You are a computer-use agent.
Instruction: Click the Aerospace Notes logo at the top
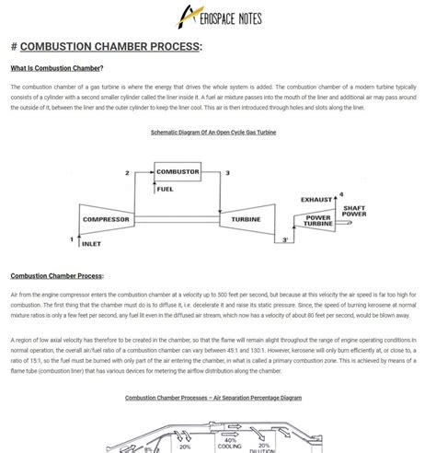pyautogui.click(x=218, y=17)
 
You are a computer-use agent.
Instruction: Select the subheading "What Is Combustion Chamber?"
pyautogui.click(x=56, y=68)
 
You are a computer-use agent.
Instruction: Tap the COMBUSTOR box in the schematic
pyautogui.click(x=178, y=172)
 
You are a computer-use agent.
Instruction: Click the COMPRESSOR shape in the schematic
pyautogui.click(x=106, y=219)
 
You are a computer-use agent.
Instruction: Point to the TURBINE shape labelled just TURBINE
pyautogui.click(x=246, y=219)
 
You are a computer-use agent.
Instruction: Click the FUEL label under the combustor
pyautogui.click(x=166, y=190)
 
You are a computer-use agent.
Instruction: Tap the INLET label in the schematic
pyautogui.click(x=92, y=244)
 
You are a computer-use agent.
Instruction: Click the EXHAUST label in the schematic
pyautogui.click(x=318, y=199)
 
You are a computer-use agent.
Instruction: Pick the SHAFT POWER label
pyautogui.click(x=354, y=211)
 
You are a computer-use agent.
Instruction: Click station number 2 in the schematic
pyautogui.click(x=127, y=173)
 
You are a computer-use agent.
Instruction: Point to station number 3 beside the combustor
pyautogui.click(x=227, y=173)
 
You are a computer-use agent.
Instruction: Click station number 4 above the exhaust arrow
pyautogui.click(x=341, y=194)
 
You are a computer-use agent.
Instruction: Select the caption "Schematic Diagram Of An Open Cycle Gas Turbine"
pyautogui.click(x=213, y=133)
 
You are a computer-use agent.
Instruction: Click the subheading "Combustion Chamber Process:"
pyautogui.click(x=57, y=275)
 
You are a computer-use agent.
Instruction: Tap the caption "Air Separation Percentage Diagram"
pyautogui.click(x=213, y=398)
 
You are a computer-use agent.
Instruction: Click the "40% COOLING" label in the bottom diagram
pyautogui.click(x=232, y=444)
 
